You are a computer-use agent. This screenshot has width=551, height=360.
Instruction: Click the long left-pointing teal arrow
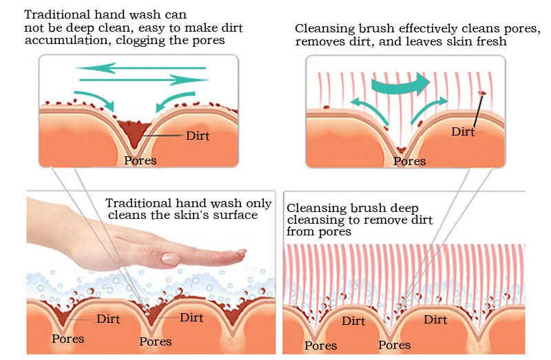tap(141, 67)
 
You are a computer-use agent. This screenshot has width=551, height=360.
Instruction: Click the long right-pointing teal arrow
tap(144, 80)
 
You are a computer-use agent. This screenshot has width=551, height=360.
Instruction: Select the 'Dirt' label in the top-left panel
tap(198, 136)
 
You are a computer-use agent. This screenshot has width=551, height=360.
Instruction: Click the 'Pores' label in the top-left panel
tap(141, 160)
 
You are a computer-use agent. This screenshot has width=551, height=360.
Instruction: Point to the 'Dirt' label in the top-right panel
tap(463, 131)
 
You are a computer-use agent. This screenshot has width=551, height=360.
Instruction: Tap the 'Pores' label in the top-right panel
tap(409, 161)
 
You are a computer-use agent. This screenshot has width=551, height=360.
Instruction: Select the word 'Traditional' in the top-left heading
tap(58, 14)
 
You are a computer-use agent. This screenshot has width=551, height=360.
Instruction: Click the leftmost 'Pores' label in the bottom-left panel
tap(67, 339)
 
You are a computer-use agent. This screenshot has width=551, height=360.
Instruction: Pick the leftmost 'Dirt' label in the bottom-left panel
tap(108, 319)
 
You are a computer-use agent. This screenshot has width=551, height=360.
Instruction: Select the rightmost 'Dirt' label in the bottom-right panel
tap(435, 319)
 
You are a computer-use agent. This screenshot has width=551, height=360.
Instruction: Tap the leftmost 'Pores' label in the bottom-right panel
tap(320, 346)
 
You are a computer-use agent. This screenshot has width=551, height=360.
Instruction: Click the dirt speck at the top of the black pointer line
tap(482, 93)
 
